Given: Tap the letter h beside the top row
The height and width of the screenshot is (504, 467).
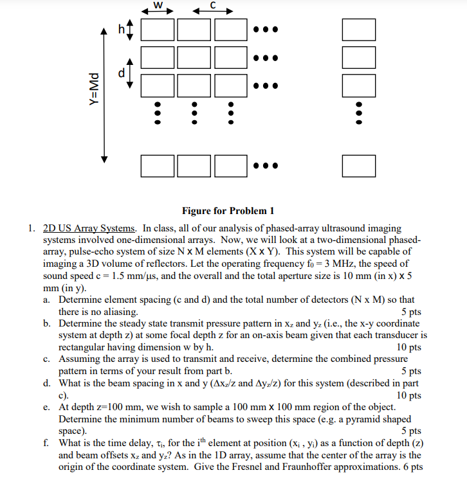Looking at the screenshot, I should tap(120, 30).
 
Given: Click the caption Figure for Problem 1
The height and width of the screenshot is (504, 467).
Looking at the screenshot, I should tap(228, 210).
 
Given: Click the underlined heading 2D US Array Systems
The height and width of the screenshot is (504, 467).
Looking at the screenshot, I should tap(89, 228).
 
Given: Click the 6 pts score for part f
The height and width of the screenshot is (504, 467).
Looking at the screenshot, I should tap(410, 466).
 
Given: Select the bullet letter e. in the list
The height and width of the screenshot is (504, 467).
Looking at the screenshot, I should tap(48, 408).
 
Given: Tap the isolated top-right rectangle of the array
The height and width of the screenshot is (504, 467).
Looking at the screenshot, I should tap(359, 30).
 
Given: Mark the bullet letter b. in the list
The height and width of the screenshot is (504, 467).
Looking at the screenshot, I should tap(48, 323).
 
